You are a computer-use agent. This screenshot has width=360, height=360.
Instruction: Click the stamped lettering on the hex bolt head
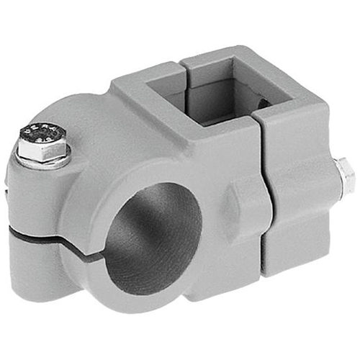(40, 135)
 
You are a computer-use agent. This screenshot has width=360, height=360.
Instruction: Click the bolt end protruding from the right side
(345, 175)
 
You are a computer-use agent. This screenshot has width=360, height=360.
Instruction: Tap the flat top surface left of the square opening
(144, 86)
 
